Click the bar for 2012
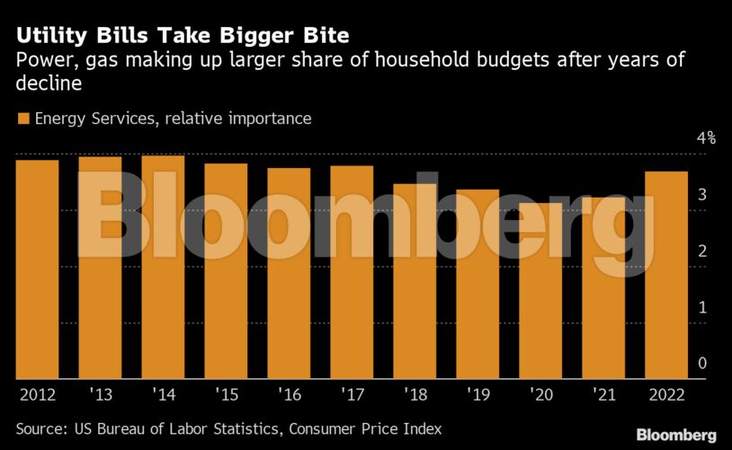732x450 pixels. click(37, 269)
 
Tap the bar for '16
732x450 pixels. click(289, 274)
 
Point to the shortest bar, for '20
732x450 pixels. click(540, 291)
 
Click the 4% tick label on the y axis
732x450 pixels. click(706, 138)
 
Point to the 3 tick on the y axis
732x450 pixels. click(703, 195)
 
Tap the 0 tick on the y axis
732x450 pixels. click(703, 363)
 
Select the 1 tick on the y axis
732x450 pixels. click(703, 307)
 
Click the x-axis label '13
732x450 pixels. click(100, 393)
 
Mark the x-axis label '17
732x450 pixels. click(352, 393)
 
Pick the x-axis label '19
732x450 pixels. click(478, 393)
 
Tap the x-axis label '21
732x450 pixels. click(603, 393)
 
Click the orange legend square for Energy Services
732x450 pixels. click(22, 119)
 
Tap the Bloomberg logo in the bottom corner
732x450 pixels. click(676, 435)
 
